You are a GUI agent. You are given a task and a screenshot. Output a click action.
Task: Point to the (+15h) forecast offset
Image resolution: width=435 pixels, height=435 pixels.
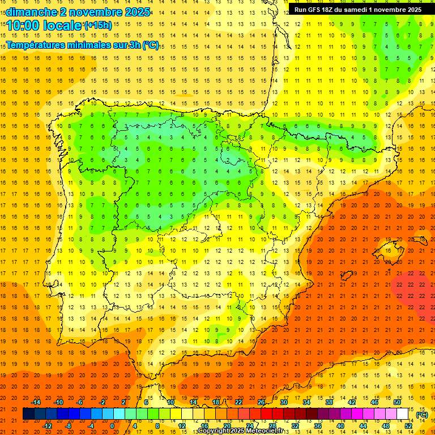[98, 25]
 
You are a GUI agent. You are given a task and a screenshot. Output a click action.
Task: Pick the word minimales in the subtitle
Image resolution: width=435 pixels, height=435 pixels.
[96, 45]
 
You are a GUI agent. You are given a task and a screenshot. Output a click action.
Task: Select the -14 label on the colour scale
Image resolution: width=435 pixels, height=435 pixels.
[36, 402]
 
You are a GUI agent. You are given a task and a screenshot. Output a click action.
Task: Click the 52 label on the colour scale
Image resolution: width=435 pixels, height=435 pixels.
[408, 426]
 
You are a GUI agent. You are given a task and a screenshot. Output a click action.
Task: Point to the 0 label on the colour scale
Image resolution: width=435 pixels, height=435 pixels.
[112, 426]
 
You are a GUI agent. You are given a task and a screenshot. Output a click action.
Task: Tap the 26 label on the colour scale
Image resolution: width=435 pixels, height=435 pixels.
[261, 402]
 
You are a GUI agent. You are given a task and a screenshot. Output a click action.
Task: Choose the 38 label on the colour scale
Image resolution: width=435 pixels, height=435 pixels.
[329, 402]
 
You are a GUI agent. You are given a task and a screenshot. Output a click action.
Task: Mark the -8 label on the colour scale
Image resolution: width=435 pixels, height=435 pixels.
[69, 426]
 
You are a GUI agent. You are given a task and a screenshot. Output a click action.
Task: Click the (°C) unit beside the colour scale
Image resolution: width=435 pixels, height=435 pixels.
[421, 414]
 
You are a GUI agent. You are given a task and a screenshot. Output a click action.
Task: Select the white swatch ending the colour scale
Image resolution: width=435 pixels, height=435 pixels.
[403, 414]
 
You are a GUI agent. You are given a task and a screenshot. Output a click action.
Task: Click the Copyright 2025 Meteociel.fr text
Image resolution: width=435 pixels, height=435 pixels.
[240, 431]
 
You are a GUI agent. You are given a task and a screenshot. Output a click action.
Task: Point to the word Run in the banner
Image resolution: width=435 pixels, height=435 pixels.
[300, 10]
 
